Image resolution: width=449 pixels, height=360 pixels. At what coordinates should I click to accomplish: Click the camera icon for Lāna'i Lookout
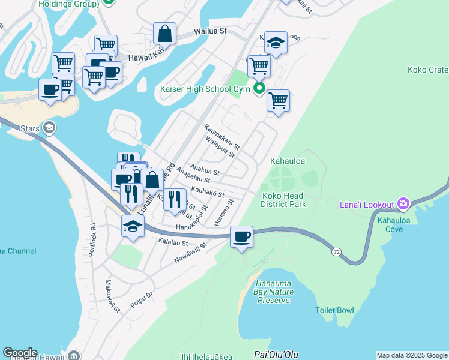pyautogui.click(x=402, y=205)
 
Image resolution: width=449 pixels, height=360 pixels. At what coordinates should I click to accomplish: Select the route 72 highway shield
pyautogui.click(x=339, y=253)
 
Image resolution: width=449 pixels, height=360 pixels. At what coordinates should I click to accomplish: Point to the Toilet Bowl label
pyautogui.click(x=334, y=310)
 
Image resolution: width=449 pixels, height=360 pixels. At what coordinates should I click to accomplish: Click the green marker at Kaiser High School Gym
pyautogui.click(x=259, y=89)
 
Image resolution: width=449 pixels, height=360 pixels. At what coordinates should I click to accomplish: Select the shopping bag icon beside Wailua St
pyautogui.click(x=164, y=34)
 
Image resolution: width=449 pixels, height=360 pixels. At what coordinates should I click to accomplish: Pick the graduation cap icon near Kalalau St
pyautogui.click(x=133, y=227)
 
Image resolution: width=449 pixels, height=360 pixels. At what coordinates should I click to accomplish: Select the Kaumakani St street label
pyautogui.click(x=222, y=137)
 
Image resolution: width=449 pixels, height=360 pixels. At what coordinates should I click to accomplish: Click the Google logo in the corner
pyautogui.click(x=19, y=353)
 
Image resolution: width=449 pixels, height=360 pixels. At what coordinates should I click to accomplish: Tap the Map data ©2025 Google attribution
pyautogui.click(x=412, y=355)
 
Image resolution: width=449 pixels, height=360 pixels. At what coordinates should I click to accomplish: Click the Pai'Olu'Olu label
pyautogui.click(x=276, y=355)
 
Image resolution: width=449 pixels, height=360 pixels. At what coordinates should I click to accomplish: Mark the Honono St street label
pyautogui.click(x=227, y=213)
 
